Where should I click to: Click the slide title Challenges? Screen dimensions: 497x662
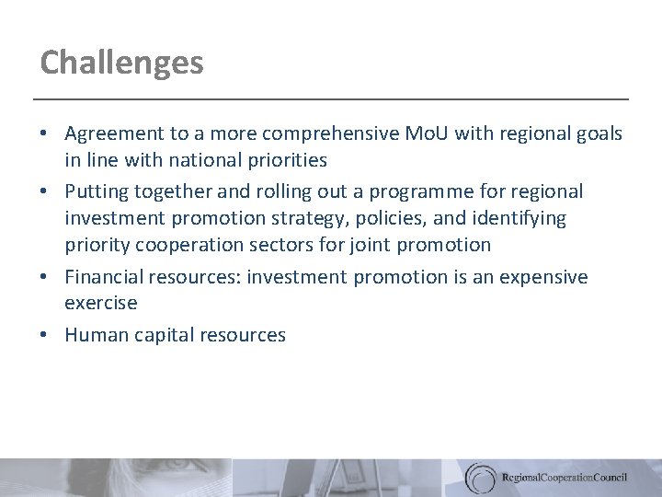click(x=121, y=63)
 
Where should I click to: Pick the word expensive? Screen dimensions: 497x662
click(x=542, y=277)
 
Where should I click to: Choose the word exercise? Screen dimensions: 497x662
click(x=100, y=303)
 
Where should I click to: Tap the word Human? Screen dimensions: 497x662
click(x=93, y=335)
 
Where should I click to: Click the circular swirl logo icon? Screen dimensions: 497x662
click(x=480, y=477)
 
